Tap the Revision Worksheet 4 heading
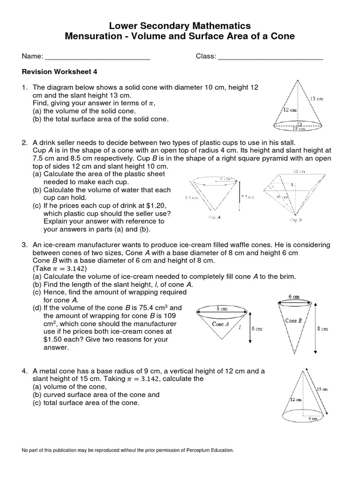(x=59, y=72)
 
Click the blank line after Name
(x=97, y=57)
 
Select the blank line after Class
(x=270, y=57)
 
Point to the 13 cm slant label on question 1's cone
(x=316, y=99)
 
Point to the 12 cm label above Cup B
(x=300, y=172)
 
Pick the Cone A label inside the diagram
(x=220, y=324)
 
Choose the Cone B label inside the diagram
(x=294, y=321)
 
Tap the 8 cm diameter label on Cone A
(x=222, y=308)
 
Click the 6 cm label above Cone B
(x=293, y=297)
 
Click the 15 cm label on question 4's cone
(x=322, y=389)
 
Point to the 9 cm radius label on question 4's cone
(x=313, y=419)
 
